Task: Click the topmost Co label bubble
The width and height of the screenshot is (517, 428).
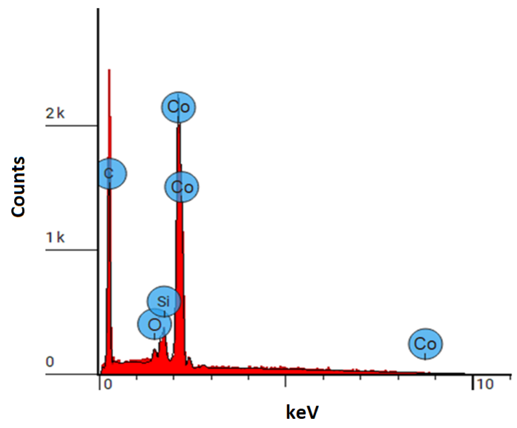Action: (179, 107)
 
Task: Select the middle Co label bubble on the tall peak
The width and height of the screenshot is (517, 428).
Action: (181, 187)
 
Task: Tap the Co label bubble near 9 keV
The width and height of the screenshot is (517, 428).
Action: (425, 344)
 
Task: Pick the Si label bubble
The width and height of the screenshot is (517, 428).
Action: (163, 301)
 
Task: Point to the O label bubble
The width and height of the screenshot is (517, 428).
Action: (154, 325)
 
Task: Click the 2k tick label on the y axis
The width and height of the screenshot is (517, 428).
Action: (55, 113)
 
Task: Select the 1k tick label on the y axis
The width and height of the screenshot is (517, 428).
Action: (55, 237)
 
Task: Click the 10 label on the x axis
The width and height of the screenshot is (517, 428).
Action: (485, 385)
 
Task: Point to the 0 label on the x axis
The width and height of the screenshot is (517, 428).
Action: (108, 385)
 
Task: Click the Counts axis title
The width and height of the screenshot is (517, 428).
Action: (18, 187)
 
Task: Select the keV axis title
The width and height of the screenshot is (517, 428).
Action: (302, 412)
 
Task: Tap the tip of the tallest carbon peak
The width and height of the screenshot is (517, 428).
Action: (109, 70)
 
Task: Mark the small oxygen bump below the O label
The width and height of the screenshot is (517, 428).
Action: (154, 350)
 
